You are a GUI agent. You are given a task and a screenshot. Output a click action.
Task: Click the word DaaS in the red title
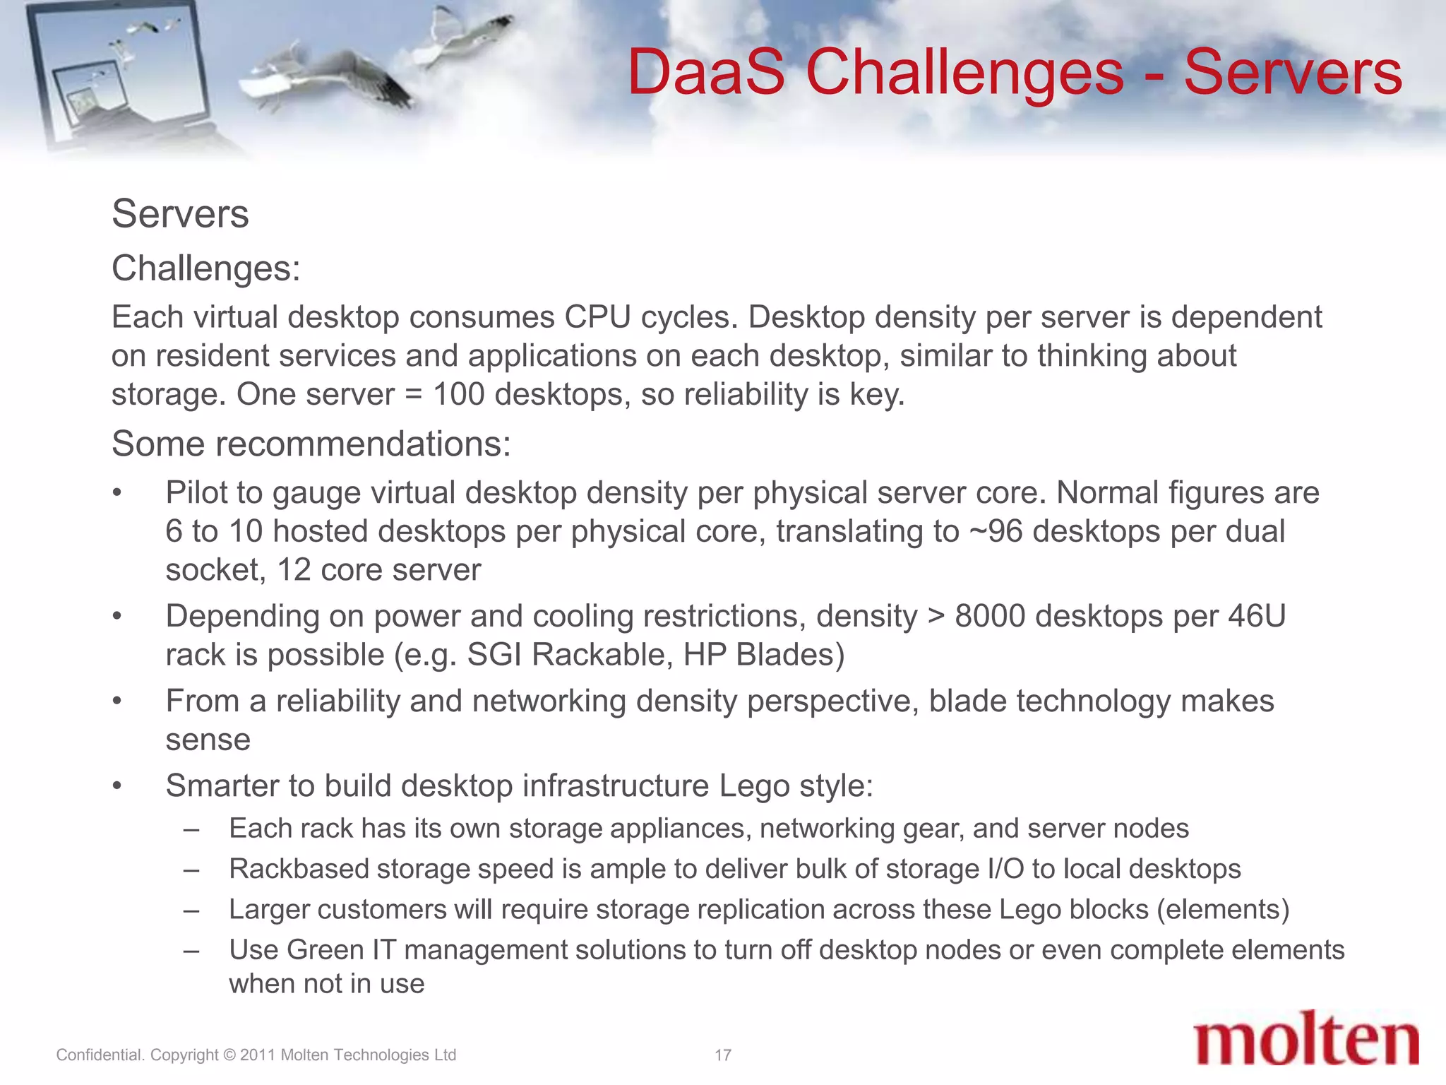coord(706,72)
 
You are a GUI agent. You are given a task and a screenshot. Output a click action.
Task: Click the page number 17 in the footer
coord(722,1055)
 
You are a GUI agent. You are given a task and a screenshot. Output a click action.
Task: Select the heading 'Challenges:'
coord(205,268)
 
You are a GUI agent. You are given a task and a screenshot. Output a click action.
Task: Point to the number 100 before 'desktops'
coord(458,394)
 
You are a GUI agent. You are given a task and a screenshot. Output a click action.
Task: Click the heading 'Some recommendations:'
coord(311,444)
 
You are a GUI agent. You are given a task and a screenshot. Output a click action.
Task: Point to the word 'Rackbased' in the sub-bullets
coord(299,869)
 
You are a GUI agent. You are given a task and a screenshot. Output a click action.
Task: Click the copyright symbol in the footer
coord(229,1055)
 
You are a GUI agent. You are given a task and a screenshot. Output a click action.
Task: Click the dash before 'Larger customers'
coord(191,910)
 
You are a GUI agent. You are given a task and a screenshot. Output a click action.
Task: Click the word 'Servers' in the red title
coord(1292,72)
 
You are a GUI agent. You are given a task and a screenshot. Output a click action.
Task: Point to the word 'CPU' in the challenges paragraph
coord(597,317)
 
